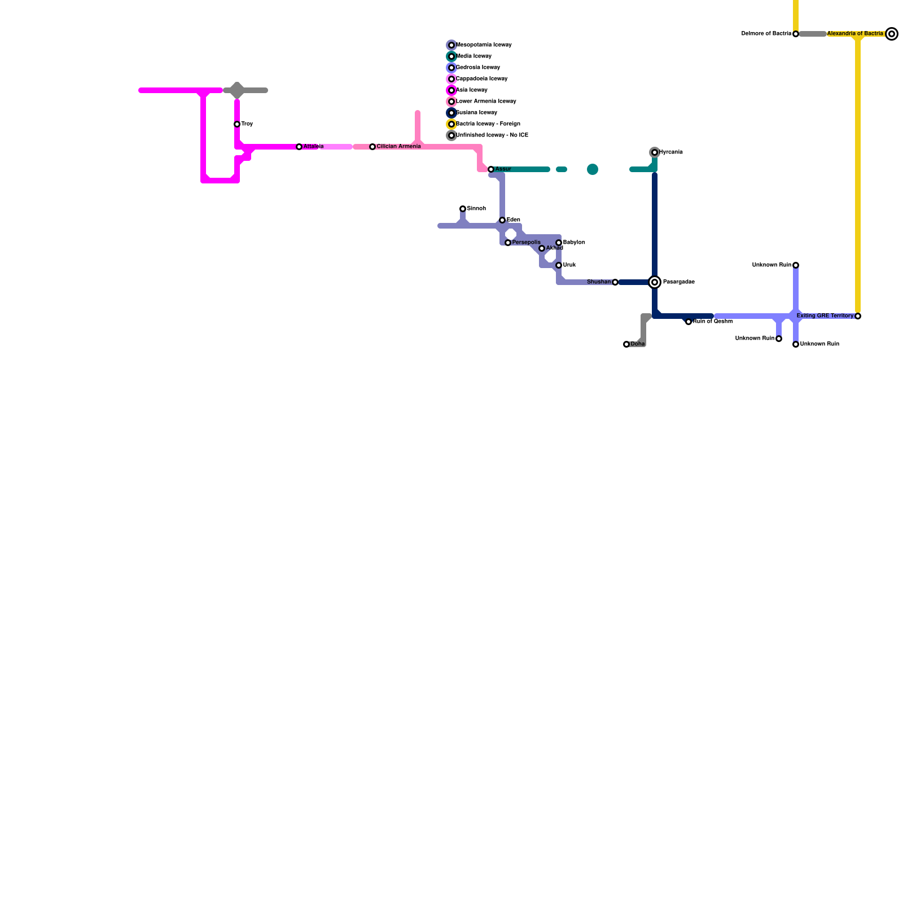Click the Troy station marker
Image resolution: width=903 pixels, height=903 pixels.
point(237,124)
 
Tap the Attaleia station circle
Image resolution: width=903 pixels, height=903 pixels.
point(299,147)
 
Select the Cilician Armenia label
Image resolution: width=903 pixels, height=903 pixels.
point(398,147)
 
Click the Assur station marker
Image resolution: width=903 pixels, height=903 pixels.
point(491,169)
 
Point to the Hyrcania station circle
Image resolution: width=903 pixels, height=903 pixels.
point(655,152)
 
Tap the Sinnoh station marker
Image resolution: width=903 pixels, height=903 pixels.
point(463,209)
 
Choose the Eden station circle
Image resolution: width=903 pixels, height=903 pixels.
point(502,220)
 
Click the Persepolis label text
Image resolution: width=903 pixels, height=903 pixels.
point(526,243)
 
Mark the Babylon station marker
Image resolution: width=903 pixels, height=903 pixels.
point(559,243)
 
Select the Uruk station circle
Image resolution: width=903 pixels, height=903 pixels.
point(559,265)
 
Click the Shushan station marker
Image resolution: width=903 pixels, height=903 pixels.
point(615,282)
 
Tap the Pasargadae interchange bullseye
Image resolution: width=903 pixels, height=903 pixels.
point(655,282)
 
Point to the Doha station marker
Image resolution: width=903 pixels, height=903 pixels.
point(626,344)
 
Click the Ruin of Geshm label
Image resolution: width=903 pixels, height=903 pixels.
point(712,322)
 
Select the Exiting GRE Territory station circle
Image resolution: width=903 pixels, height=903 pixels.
point(858,316)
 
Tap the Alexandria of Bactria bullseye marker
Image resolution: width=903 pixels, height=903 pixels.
point(892,34)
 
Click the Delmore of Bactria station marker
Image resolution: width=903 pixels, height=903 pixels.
point(796,34)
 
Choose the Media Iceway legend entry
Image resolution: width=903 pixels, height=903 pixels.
point(474,56)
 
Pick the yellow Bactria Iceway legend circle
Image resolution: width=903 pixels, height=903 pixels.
point(451,124)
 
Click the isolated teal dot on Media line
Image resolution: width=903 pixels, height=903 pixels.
point(593,169)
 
